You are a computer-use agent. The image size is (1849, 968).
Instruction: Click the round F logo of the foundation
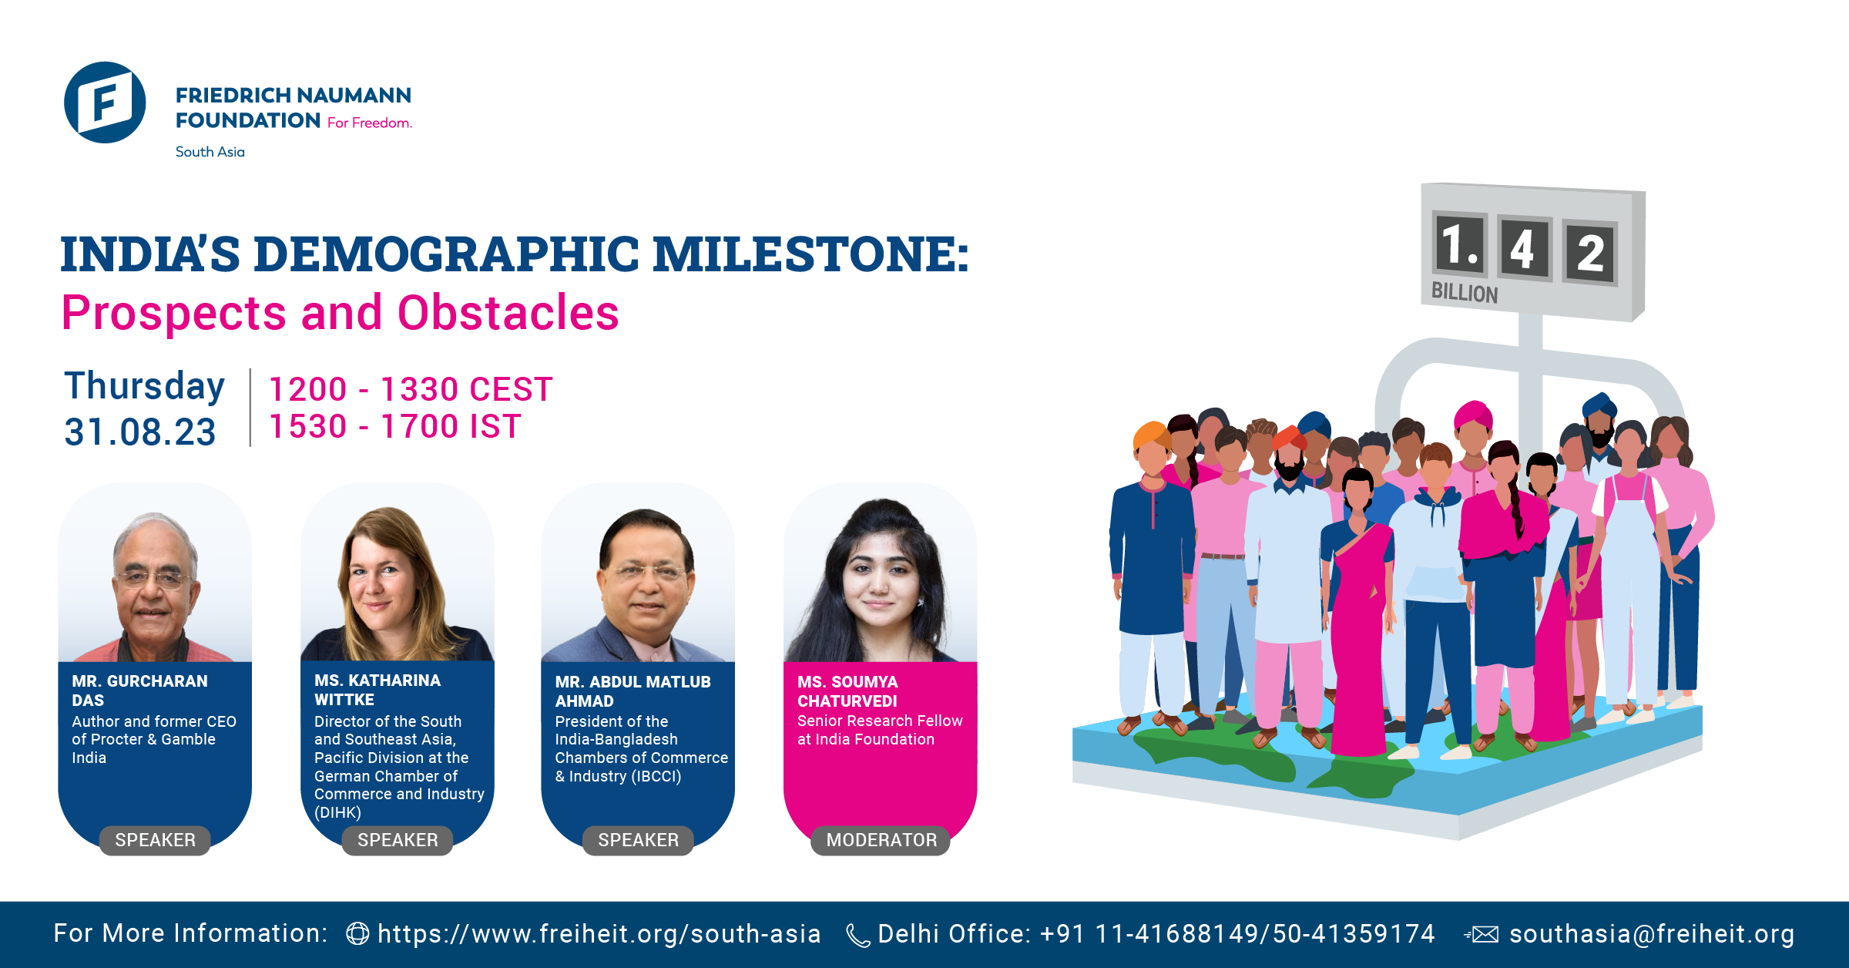pyautogui.click(x=105, y=103)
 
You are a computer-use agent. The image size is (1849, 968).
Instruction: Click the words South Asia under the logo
pyautogui.click(x=210, y=152)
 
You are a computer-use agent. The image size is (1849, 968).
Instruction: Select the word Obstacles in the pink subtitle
pyautogui.click(x=508, y=313)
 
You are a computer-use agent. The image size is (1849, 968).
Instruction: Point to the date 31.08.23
pyautogui.click(x=140, y=432)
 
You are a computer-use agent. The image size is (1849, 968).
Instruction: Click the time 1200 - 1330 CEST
pyautogui.click(x=411, y=389)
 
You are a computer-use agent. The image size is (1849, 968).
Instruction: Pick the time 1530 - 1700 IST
pyautogui.click(x=395, y=426)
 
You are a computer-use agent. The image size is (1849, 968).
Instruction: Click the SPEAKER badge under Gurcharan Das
pyautogui.click(x=155, y=840)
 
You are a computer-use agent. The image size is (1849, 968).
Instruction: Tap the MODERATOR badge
pyautogui.click(x=881, y=840)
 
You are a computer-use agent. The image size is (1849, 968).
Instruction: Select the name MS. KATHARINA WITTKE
pyautogui.click(x=378, y=690)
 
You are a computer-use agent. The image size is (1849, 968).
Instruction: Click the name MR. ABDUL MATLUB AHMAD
pyautogui.click(x=633, y=691)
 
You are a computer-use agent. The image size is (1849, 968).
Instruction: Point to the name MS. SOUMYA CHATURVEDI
pyautogui.click(x=847, y=691)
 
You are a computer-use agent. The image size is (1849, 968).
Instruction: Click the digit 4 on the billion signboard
pyautogui.click(x=1522, y=249)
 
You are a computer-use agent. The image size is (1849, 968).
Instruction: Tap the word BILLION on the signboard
pyautogui.click(x=1464, y=293)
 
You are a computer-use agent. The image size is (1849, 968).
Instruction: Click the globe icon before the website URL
pyautogui.click(x=357, y=934)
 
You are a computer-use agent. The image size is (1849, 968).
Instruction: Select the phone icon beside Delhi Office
pyautogui.click(x=857, y=935)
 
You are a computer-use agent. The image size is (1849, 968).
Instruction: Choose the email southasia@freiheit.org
pyautogui.click(x=1652, y=934)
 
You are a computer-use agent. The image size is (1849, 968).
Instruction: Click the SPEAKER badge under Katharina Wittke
pyautogui.click(x=398, y=840)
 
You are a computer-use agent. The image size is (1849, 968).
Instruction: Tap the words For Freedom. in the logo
pyautogui.click(x=370, y=123)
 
